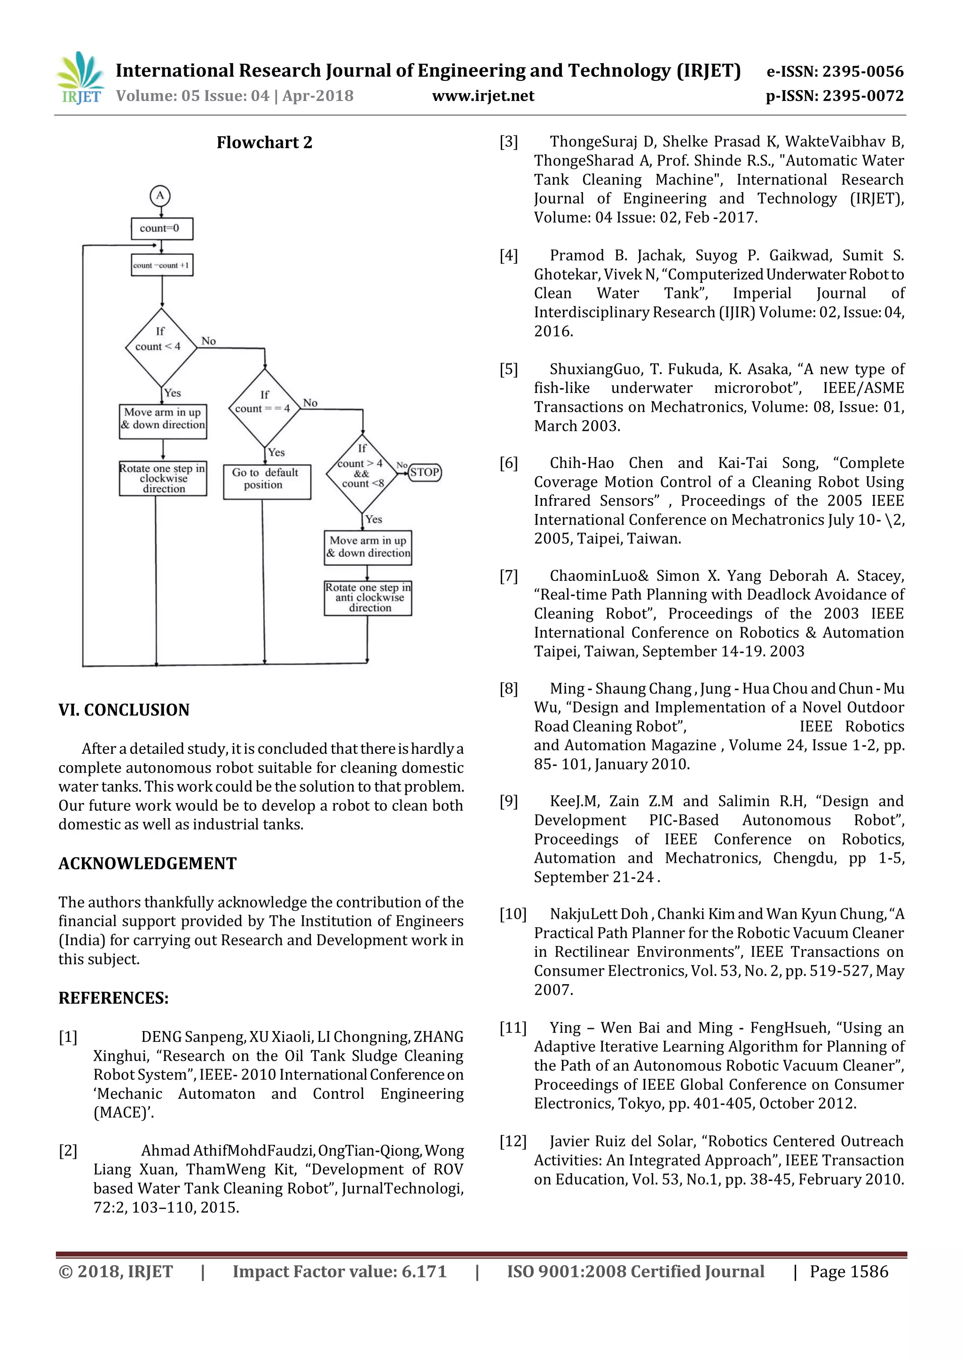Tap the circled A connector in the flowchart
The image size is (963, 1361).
click(160, 196)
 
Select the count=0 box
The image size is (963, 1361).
click(161, 228)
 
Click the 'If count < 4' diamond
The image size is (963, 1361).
click(161, 347)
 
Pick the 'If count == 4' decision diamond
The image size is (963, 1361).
click(264, 408)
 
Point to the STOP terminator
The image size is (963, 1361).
click(425, 472)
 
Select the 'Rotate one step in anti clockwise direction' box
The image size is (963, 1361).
click(368, 598)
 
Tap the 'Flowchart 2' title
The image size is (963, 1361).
click(264, 143)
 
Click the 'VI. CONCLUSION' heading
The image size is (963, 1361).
click(124, 710)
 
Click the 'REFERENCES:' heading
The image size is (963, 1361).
click(113, 998)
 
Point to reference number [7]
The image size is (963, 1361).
click(508, 576)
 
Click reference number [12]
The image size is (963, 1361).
click(513, 1141)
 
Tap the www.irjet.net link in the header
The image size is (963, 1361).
click(483, 96)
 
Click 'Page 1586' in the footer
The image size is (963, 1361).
click(849, 1272)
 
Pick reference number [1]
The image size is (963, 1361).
click(68, 1037)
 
